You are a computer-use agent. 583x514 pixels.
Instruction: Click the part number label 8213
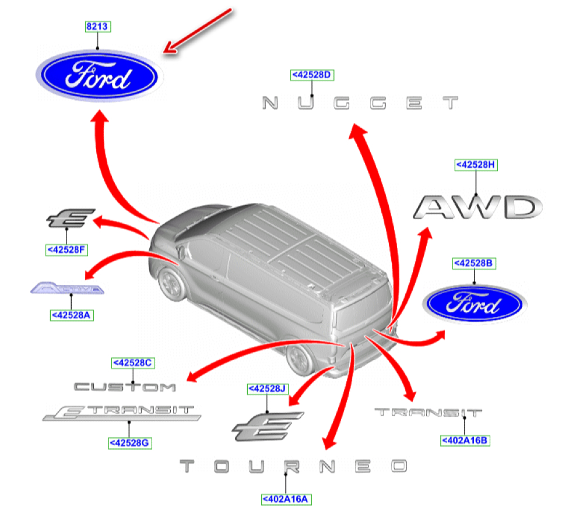(97, 26)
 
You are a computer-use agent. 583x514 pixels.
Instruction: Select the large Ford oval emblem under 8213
(99, 77)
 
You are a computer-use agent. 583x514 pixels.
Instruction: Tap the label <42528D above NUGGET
(312, 75)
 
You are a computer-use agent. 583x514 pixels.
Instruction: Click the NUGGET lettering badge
(360, 104)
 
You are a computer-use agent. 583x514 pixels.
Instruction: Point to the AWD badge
(478, 207)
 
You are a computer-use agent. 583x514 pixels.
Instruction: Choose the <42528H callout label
(476, 165)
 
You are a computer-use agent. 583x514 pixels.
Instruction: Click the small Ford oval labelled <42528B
(475, 305)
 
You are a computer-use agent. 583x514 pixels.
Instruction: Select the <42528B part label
(475, 263)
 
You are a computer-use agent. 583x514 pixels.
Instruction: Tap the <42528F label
(67, 250)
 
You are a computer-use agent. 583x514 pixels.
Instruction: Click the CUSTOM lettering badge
(125, 386)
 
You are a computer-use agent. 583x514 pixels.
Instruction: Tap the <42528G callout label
(130, 443)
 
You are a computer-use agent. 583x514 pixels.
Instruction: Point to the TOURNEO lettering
(293, 466)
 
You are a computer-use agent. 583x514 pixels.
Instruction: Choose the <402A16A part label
(286, 499)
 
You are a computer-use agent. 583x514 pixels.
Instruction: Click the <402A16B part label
(465, 441)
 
